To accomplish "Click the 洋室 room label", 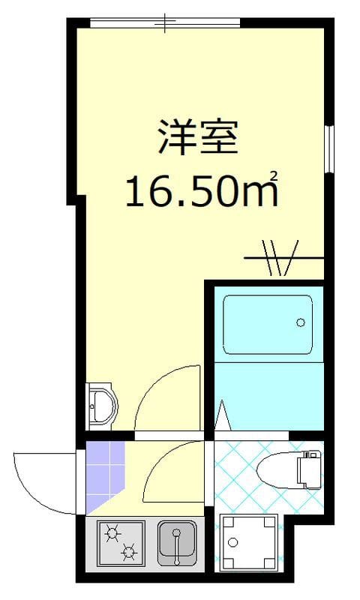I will (x=197, y=137).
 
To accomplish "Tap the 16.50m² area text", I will (x=200, y=191).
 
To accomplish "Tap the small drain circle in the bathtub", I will (x=300, y=323).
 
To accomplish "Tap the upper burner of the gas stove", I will (x=113, y=532).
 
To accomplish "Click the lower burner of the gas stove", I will (x=130, y=554).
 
